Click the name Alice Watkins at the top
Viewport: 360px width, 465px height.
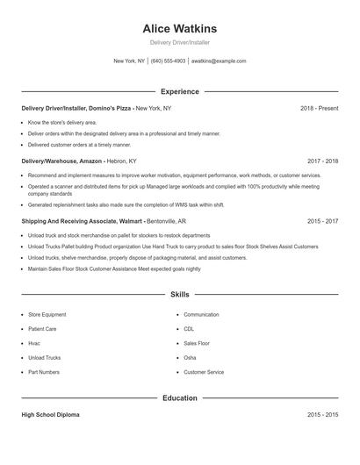tap(179, 28)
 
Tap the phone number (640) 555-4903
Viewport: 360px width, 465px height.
tap(168, 61)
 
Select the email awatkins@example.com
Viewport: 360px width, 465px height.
tap(219, 61)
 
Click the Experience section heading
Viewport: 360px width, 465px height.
tap(179, 91)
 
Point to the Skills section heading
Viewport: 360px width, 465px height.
tap(179, 294)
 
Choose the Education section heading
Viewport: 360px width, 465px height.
tap(179, 397)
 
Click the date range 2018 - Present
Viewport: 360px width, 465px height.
tap(319, 108)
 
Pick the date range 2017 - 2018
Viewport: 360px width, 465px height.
tap(322, 161)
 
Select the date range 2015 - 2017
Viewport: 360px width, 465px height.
tap(322, 222)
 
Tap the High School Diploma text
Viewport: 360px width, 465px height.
tap(50, 414)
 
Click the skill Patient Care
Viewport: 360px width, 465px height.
tap(43, 329)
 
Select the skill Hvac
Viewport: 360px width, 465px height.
tap(34, 343)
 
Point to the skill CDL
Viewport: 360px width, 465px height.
tap(189, 329)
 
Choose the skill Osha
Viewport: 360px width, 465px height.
tap(190, 358)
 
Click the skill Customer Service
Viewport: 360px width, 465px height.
tap(204, 372)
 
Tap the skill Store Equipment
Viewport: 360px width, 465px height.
tap(47, 314)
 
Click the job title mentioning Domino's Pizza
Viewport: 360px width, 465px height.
tap(96, 108)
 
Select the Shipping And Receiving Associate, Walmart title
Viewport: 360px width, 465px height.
tap(96, 222)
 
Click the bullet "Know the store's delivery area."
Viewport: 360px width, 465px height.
tap(62, 122)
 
